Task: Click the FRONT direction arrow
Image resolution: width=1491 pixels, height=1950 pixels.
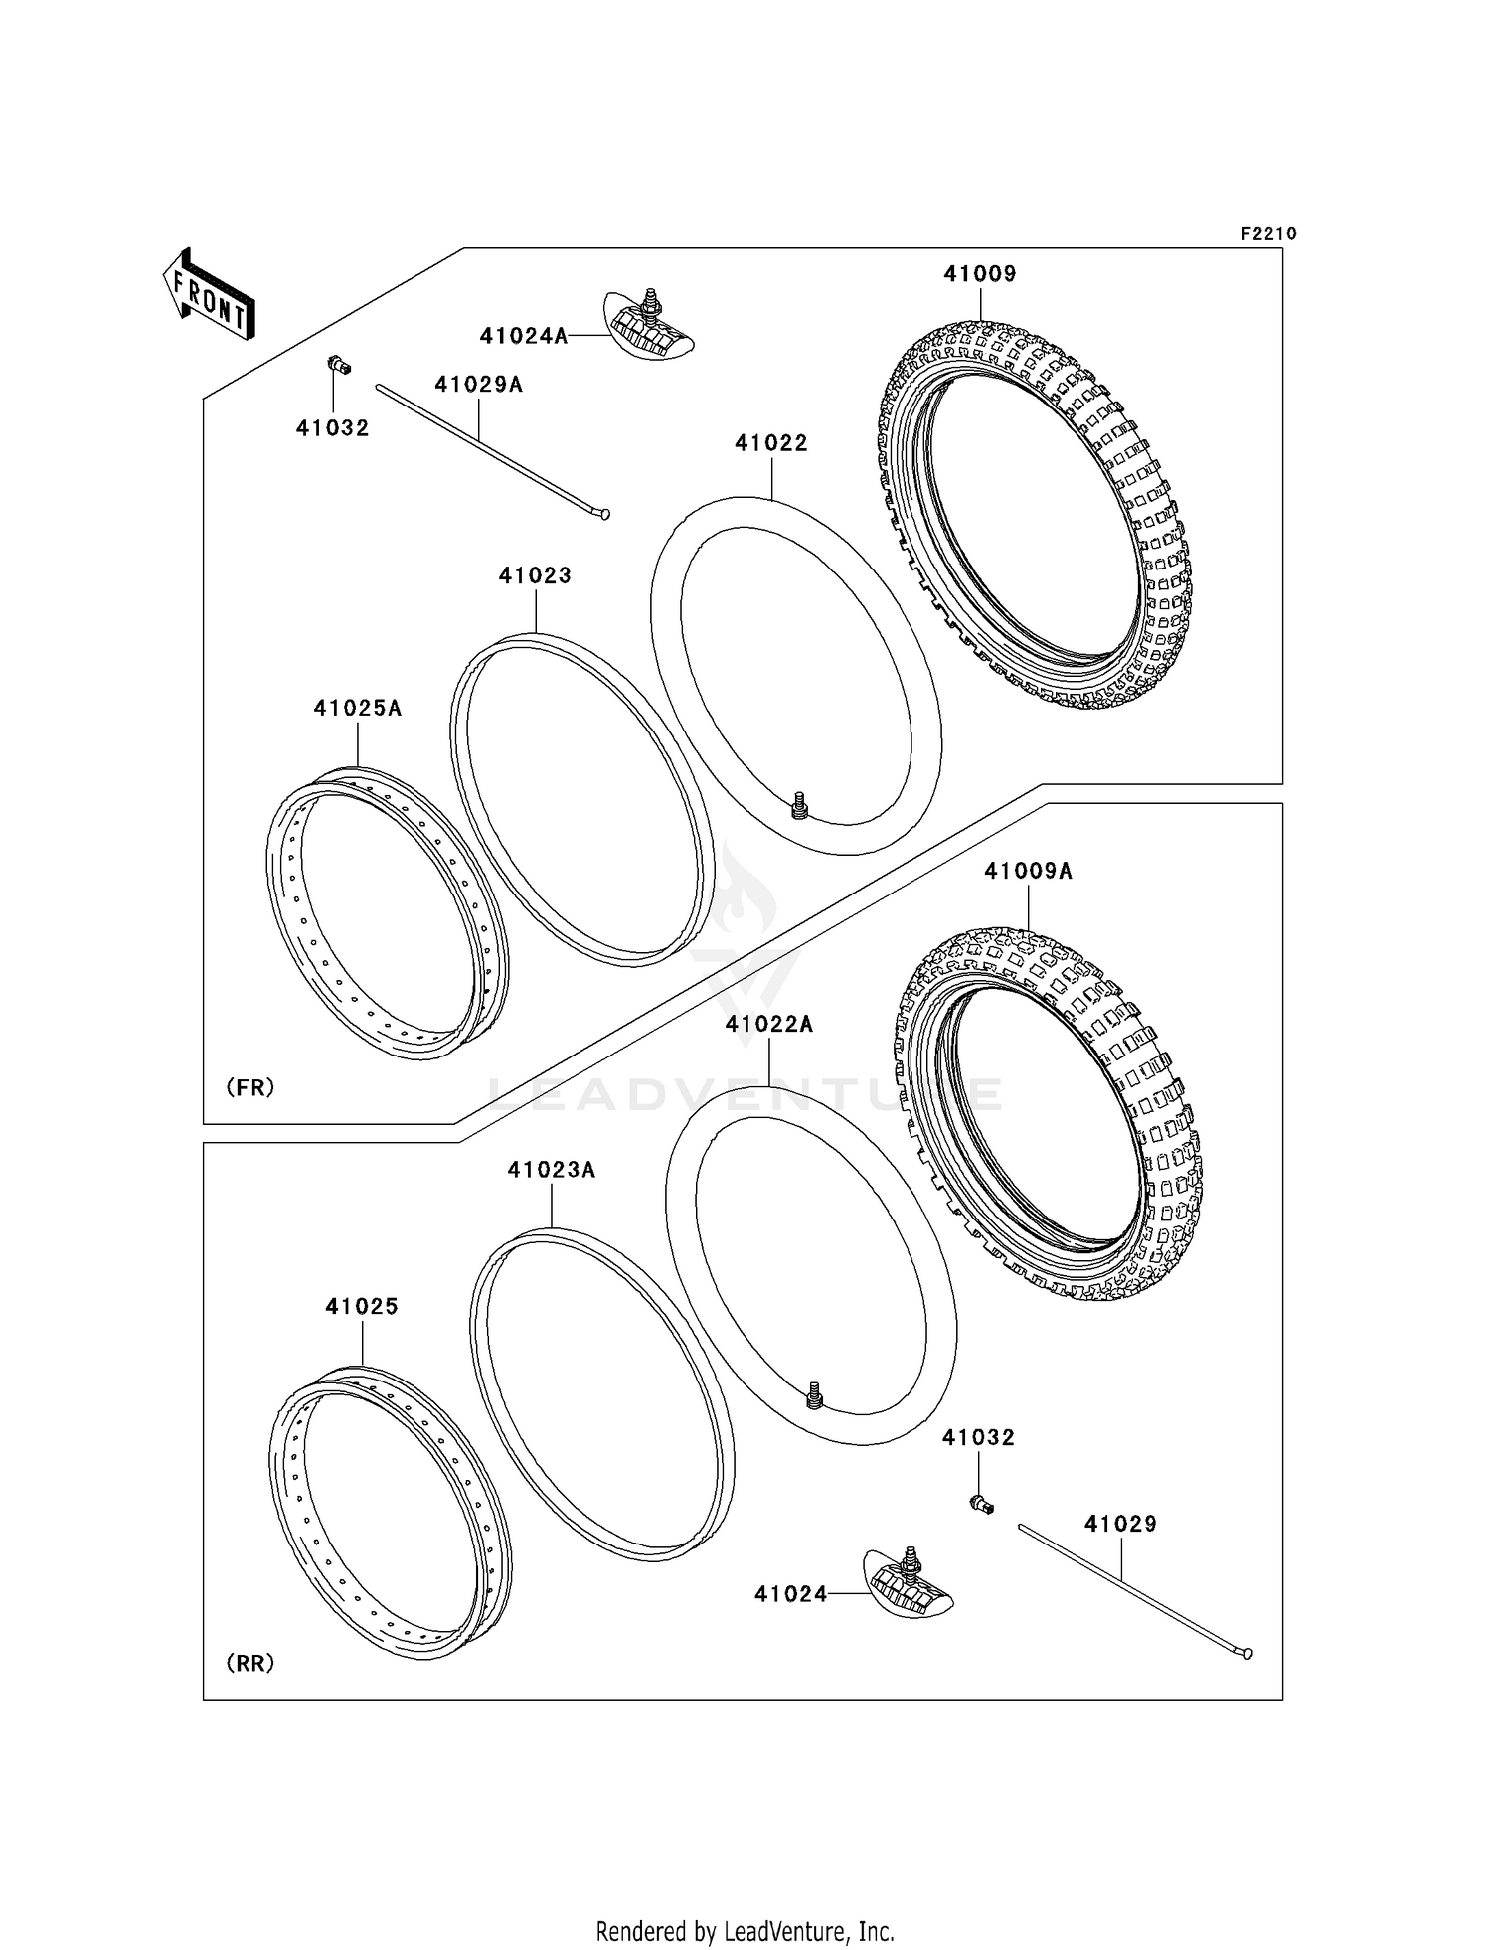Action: [210, 295]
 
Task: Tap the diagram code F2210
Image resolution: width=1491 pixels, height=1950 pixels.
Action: [1268, 234]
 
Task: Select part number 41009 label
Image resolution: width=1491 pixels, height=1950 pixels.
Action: [980, 274]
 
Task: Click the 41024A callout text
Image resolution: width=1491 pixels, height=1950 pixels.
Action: [524, 336]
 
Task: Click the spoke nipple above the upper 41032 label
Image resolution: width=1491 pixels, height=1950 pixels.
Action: [339, 366]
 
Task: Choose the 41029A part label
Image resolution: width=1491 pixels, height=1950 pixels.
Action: [479, 385]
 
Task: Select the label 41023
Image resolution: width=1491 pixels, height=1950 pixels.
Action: [535, 575]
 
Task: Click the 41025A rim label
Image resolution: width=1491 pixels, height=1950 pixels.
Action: [358, 708]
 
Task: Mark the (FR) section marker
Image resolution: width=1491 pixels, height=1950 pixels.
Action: [250, 1087]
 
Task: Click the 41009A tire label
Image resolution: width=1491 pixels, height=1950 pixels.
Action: [1028, 871]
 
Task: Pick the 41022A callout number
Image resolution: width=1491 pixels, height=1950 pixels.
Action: [769, 1024]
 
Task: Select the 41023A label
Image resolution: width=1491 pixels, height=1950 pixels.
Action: [552, 1170]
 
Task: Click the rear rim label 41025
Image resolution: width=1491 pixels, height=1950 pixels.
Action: [362, 1306]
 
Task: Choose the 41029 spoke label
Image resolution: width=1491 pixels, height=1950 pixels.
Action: [1120, 1524]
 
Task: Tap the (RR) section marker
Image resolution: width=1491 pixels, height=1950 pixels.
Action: [250, 1662]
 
